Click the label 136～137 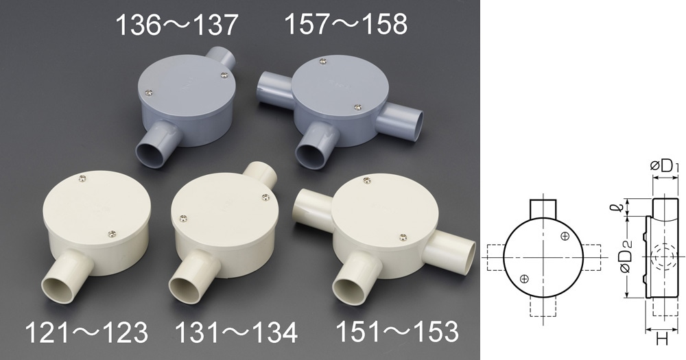(x=176, y=25)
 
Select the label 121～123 (x=86, y=333)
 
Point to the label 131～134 (x=236, y=333)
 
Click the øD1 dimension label (x=665, y=166)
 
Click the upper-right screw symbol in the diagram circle (x=565, y=237)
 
